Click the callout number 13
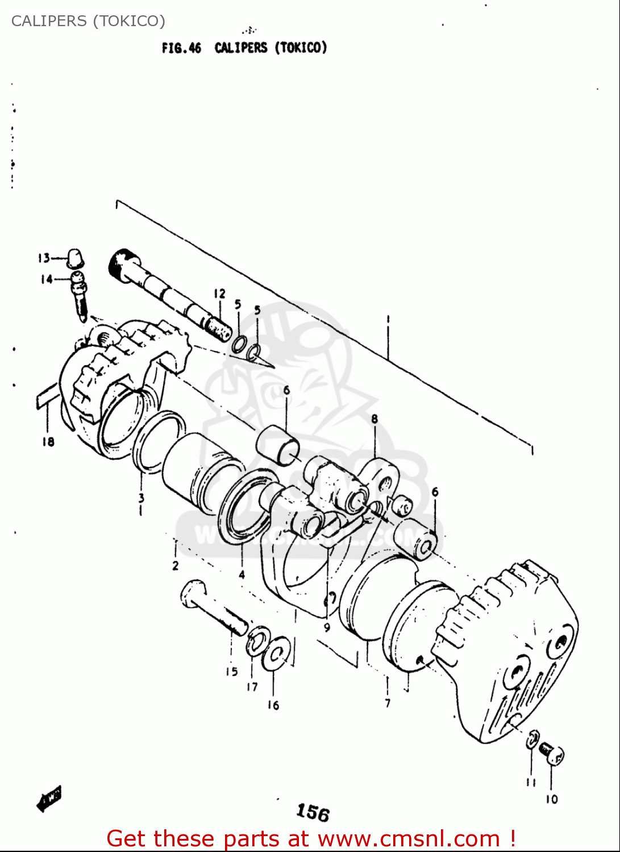44,258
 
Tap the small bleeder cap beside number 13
75,257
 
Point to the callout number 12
219,294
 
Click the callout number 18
48,441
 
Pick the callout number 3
141,498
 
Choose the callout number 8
375,419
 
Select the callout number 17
252,687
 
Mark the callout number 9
327,628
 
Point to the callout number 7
388,703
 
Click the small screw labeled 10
551,754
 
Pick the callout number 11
531,783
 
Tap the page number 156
313,812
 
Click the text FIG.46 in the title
181,48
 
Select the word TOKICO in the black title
301,48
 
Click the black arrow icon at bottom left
49,798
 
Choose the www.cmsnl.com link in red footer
409,839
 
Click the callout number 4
242,574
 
